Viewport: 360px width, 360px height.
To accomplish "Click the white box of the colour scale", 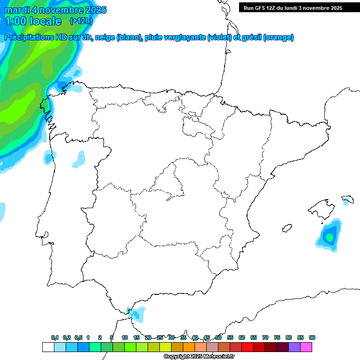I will (48, 347).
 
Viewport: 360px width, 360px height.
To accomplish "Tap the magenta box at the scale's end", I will (306, 347).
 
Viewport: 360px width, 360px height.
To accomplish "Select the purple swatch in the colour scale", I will (294, 347).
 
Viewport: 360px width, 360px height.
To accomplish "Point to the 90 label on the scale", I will (312, 337).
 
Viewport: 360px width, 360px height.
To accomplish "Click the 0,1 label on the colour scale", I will (55, 337).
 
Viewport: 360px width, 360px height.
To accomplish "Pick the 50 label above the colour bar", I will (218, 337).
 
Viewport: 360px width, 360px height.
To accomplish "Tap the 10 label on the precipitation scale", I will (125, 337).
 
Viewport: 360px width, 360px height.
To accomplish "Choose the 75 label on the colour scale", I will (277, 337).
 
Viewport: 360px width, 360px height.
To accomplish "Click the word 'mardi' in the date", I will (18, 10).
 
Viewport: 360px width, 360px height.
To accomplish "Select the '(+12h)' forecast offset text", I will (81, 21).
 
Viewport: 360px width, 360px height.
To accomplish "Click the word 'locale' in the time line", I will (45, 21).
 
